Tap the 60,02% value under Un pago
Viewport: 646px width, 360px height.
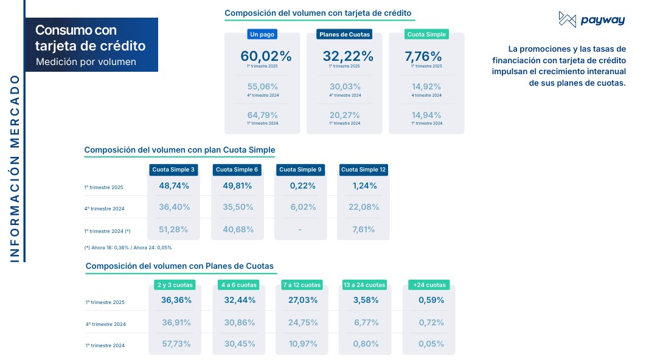[266, 56]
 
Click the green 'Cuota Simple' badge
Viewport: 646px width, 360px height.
[426, 35]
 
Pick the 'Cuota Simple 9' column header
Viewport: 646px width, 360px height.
[300, 170]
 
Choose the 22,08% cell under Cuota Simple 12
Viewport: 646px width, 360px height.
[363, 207]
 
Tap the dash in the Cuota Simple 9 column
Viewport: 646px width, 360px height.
[300, 229]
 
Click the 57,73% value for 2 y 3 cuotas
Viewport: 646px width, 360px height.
[176, 344]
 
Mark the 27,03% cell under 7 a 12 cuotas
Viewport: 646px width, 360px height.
[302, 300]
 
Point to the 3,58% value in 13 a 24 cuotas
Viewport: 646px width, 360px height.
[366, 300]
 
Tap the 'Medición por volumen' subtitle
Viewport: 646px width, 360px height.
[86, 61]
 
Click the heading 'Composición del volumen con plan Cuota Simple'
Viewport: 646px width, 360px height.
[179, 150]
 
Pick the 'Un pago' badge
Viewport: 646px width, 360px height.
[262, 35]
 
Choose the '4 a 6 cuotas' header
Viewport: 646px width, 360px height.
[239, 285]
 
